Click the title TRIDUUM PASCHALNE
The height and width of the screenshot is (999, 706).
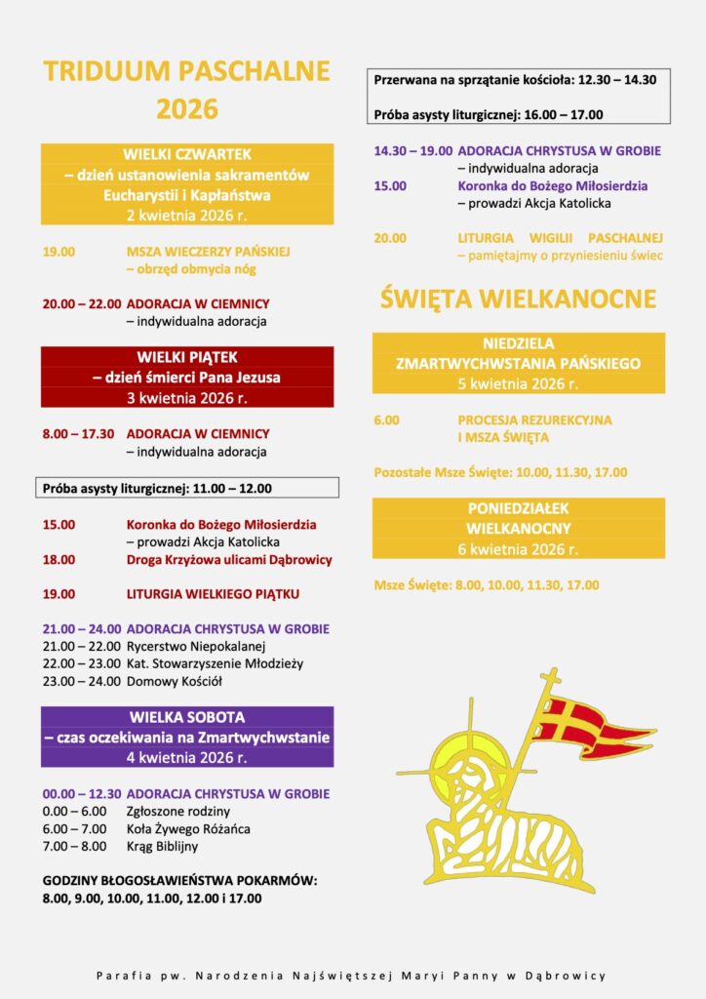(x=187, y=71)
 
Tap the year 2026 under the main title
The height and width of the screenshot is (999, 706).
(x=187, y=109)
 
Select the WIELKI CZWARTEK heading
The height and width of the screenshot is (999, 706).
(x=187, y=154)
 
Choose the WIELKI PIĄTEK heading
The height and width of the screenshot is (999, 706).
(x=187, y=357)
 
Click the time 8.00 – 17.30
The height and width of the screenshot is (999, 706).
(x=78, y=433)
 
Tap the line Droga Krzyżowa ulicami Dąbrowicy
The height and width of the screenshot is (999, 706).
(x=229, y=560)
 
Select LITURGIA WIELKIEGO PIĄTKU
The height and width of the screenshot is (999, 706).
(x=213, y=593)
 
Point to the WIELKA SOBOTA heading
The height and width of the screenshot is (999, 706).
(x=187, y=717)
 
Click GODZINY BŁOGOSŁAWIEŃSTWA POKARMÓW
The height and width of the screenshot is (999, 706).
(x=180, y=880)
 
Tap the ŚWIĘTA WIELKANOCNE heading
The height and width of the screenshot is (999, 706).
(x=518, y=298)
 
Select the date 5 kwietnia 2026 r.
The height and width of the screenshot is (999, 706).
(x=518, y=383)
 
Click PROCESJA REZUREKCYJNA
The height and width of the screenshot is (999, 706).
(x=534, y=420)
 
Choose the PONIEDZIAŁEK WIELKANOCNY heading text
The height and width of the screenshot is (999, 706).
(x=518, y=518)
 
